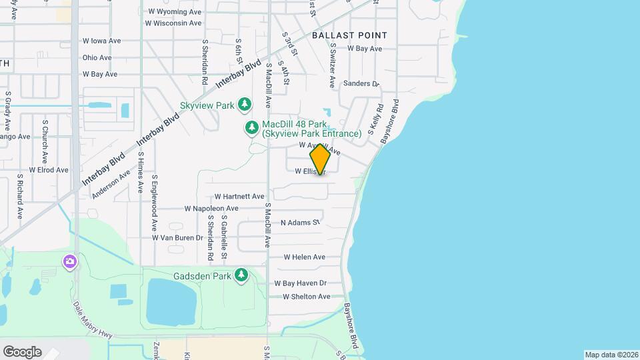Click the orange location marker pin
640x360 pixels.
click(321, 159)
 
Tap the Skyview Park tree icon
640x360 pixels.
click(245, 105)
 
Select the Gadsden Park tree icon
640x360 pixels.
click(241, 275)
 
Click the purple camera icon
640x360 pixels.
click(70, 261)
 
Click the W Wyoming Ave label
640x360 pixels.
click(174, 11)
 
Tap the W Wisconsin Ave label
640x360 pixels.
click(173, 23)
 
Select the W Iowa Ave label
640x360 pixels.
click(101, 41)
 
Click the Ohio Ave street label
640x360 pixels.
click(97, 57)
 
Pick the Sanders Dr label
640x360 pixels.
click(361, 84)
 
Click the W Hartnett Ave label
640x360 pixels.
click(239, 197)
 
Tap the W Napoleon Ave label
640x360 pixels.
click(211, 209)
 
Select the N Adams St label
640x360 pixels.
click(300, 222)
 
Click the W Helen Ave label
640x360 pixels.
click(304, 257)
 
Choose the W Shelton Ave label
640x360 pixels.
click(306, 297)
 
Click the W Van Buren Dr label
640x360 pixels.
click(177, 237)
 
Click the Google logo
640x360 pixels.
click(22, 351)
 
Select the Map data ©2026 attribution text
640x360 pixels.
click(611, 355)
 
